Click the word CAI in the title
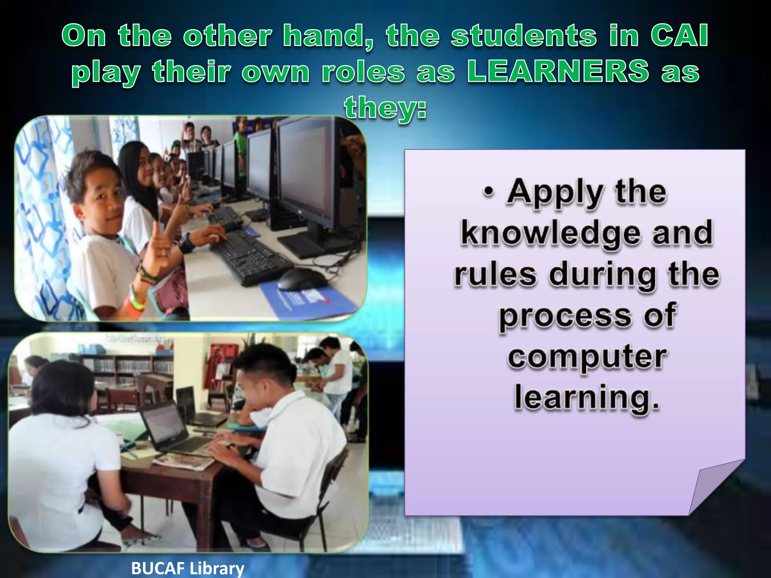[680, 36]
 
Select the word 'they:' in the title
[385, 107]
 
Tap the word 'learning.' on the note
[587, 398]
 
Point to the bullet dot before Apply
[489, 192]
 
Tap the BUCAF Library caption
[188, 568]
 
